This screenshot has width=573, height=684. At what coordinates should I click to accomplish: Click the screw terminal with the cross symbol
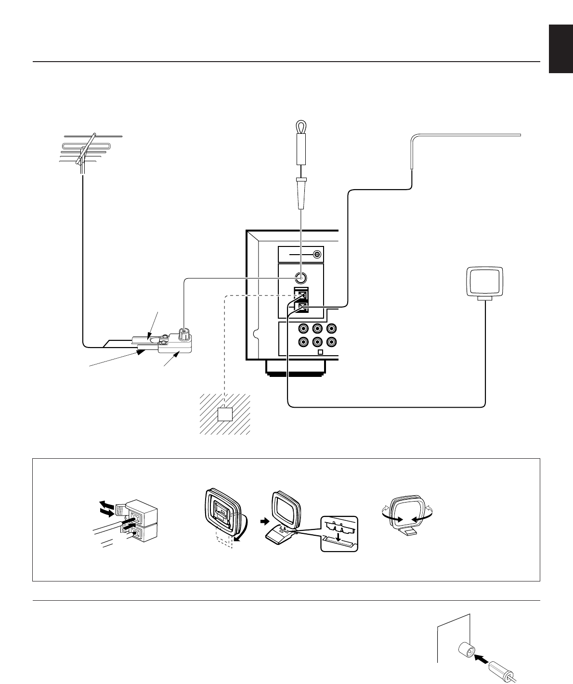click(x=317, y=255)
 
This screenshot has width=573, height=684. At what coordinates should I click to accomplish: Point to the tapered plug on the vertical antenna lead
click(x=300, y=193)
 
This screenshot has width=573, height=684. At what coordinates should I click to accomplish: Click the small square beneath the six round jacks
click(x=321, y=352)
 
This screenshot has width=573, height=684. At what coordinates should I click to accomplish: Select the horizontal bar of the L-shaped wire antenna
click(x=467, y=135)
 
